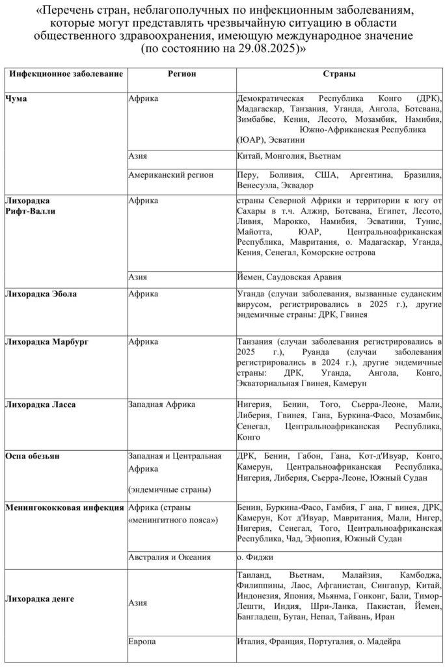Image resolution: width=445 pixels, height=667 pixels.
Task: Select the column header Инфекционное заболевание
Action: [66, 74]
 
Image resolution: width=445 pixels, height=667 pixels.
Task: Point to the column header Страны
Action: [339, 74]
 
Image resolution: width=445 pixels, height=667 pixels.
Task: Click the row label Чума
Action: [16, 98]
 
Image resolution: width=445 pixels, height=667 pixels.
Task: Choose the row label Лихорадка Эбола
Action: [40, 294]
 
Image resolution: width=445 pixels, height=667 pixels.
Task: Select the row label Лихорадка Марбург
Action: [47, 341]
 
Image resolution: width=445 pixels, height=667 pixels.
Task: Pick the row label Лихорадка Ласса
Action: [40, 404]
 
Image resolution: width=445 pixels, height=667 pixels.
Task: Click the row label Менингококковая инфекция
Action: [64, 507]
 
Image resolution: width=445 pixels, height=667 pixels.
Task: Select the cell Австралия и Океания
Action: [170, 557]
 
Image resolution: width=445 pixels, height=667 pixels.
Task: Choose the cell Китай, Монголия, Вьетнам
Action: [289, 156]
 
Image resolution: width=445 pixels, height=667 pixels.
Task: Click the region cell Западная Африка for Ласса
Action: [162, 404]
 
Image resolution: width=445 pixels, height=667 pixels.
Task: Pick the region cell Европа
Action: [142, 642]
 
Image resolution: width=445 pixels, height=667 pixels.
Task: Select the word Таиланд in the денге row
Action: [256, 575]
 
